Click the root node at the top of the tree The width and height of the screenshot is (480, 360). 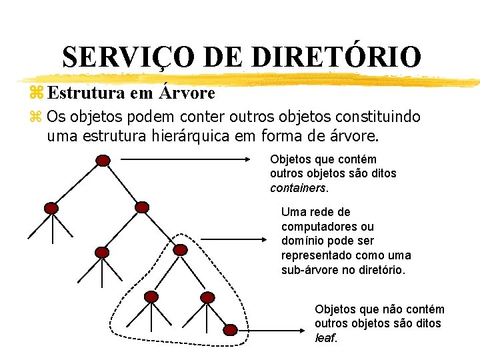(x=103, y=160)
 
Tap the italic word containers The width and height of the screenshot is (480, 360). (x=298, y=187)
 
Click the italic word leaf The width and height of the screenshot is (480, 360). (x=325, y=337)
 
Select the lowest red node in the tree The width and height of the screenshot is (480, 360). (x=230, y=330)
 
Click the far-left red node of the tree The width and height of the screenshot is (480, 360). (x=51, y=208)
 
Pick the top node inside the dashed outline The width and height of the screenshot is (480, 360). (x=180, y=250)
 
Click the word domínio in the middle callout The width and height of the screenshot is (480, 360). (x=303, y=241)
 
